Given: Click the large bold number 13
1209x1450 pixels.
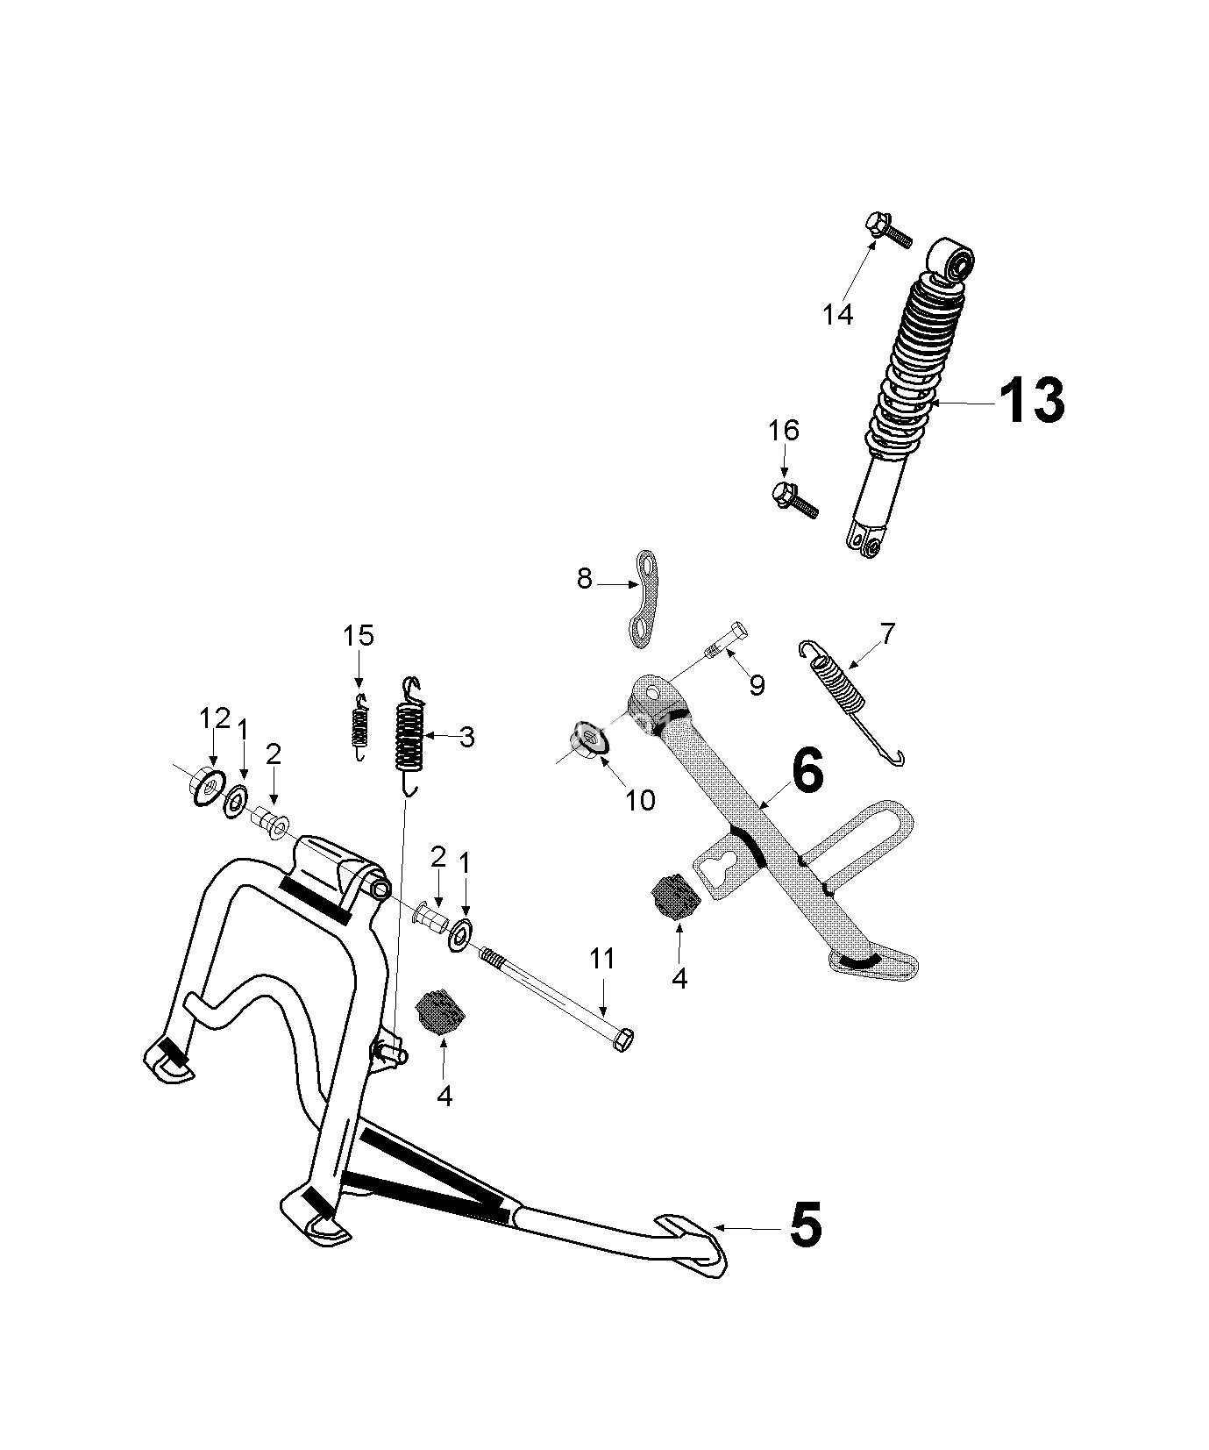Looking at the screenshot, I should coord(1031,401).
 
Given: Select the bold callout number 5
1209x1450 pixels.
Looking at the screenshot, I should coord(805,1225).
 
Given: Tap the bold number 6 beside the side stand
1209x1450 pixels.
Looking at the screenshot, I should coord(807,771).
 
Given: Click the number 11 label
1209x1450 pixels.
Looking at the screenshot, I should coord(602,959).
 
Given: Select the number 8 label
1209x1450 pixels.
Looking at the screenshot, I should coord(585,579).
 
